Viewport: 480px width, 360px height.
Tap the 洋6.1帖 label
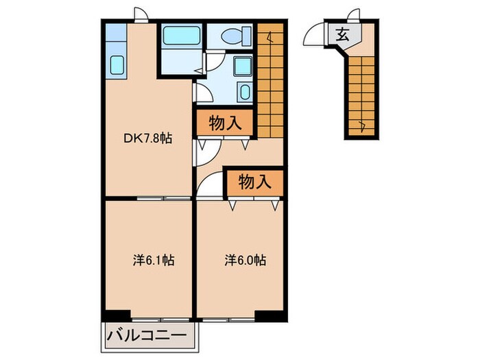(153, 261)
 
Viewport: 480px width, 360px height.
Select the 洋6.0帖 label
(245, 261)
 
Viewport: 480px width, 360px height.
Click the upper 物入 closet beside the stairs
(226, 124)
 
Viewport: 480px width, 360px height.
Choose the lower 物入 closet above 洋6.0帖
(255, 182)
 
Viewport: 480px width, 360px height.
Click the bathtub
(180, 35)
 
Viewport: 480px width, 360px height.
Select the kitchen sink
(116, 65)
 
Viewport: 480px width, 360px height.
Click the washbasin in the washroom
(241, 67)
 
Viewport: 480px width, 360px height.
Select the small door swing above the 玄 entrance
(354, 14)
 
